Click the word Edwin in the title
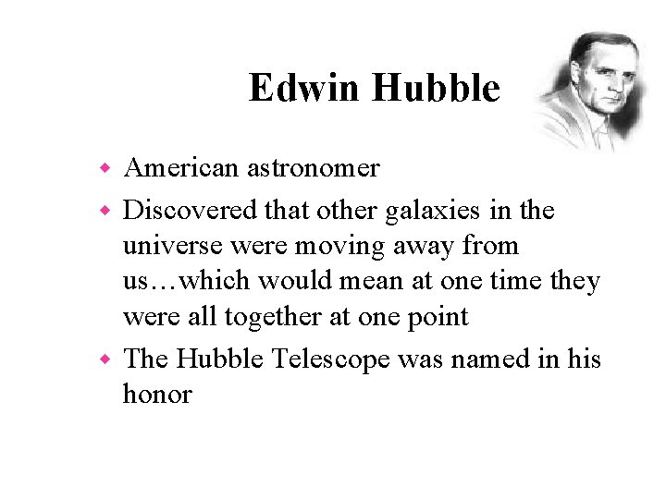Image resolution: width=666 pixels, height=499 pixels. [x=305, y=89]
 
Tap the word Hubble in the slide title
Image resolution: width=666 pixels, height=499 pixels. [x=436, y=89]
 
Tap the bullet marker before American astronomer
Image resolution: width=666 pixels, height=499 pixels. [x=106, y=169]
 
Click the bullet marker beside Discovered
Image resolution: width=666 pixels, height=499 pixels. [x=106, y=212]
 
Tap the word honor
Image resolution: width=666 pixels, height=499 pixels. [x=157, y=394]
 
